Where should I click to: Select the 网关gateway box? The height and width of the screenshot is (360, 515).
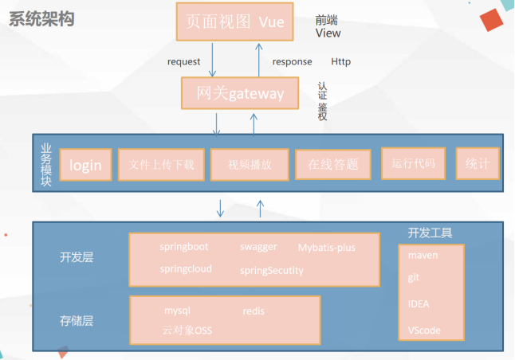tap(241, 94)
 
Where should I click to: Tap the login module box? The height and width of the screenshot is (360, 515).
tap(85, 165)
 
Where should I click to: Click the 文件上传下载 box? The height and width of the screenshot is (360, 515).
tap(162, 165)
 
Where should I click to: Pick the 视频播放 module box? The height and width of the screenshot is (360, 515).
tap(250, 165)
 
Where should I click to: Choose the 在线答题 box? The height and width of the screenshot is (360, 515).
tap(332, 165)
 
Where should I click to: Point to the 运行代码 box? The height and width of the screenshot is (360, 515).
tap(413, 163)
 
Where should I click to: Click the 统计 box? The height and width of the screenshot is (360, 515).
tap(478, 163)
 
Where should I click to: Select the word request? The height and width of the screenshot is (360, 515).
tap(184, 61)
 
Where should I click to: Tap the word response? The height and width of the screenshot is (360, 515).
tap(292, 61)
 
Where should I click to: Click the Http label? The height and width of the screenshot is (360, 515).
tap(340, 61)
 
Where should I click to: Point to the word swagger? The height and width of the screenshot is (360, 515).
tap(258, 247)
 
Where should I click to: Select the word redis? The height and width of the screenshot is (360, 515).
tap(254, 311)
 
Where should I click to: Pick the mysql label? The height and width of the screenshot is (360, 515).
tap(178, 311)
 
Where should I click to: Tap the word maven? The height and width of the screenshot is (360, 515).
tap(423, 256)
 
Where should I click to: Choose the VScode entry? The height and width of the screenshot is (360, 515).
tap(424, 330)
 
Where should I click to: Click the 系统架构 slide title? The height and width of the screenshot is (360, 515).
tap(41, 19)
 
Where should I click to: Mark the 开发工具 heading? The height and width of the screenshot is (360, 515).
tap(430, 233)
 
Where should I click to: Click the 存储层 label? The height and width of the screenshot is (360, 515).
tap(77, 321)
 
